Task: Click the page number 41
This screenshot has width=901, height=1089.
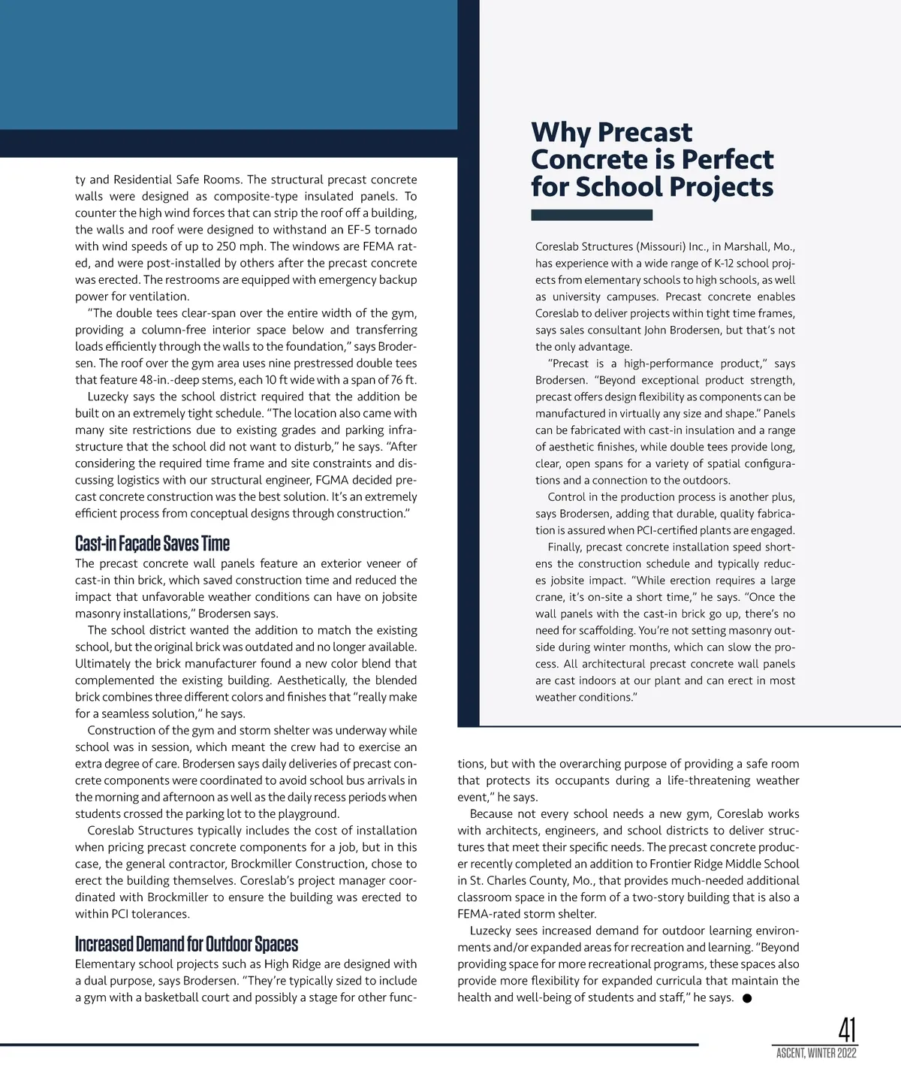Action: [846, 1029]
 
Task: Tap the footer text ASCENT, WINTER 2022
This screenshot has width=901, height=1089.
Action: [816, 1054]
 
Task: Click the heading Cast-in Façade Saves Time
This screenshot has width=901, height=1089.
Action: [152, 543]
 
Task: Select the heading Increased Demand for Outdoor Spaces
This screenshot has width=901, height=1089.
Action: [186, 944]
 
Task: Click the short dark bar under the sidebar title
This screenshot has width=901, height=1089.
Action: [592, 216]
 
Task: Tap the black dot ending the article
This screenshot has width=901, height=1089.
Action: [747, 998]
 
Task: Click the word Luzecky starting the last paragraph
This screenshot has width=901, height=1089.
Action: [490, 931]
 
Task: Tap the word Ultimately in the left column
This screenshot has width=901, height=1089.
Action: [103, 664]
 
